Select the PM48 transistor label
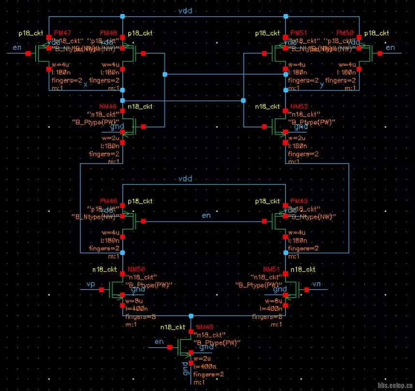[108, 33]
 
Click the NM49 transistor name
[108, 106]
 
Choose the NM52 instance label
[299, 106]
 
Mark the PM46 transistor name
[108, 200]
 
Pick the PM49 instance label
[298, 200]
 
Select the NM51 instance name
[271, 269]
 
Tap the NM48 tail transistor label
[205, 327]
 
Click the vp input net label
[90, 283]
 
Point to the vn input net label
[317, 283]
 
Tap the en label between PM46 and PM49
[206, 215]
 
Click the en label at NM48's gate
[159, 342]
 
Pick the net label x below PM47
[86, 84]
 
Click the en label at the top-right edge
[390, 47]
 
